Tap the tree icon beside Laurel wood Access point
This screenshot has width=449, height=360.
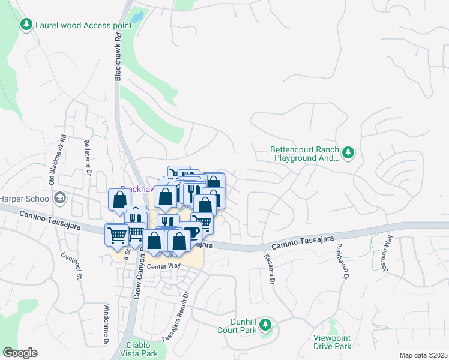[26, 25]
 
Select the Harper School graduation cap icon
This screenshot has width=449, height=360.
[60, 198]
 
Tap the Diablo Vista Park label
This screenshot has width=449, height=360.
[142, 349]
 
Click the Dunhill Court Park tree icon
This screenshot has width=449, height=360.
[265, 327]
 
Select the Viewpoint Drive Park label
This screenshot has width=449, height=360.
[332, 343]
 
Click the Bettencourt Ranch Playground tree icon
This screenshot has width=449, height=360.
[348, 153]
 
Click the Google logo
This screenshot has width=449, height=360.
[20, 353]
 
